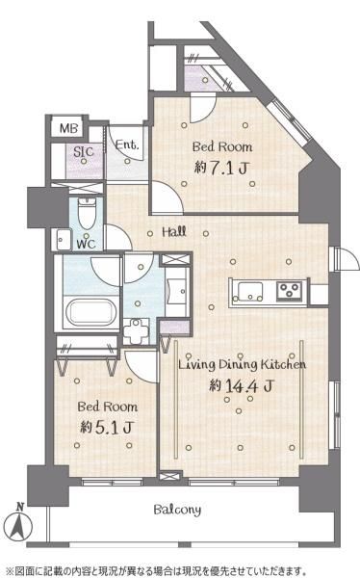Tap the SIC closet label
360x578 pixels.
(x=84, y=151)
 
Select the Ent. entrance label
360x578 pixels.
(x=127, y=144)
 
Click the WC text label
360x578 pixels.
(x=87, y=244)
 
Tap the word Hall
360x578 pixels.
(x=174, y=232)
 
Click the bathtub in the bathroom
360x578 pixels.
(x=91, y=312)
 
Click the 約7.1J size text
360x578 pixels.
(x=220, y=168)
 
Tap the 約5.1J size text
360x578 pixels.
(x=107, y=427)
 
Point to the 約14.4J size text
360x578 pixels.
(x=242, y=385)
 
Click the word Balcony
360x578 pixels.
(x=177, y=510)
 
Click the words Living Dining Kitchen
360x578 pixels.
(x=243, y=364)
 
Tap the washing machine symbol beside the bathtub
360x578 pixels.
(x=137, y=331)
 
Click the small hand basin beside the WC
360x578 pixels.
(x=63, y=240)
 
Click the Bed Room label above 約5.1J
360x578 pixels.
(x=108, y=407)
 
